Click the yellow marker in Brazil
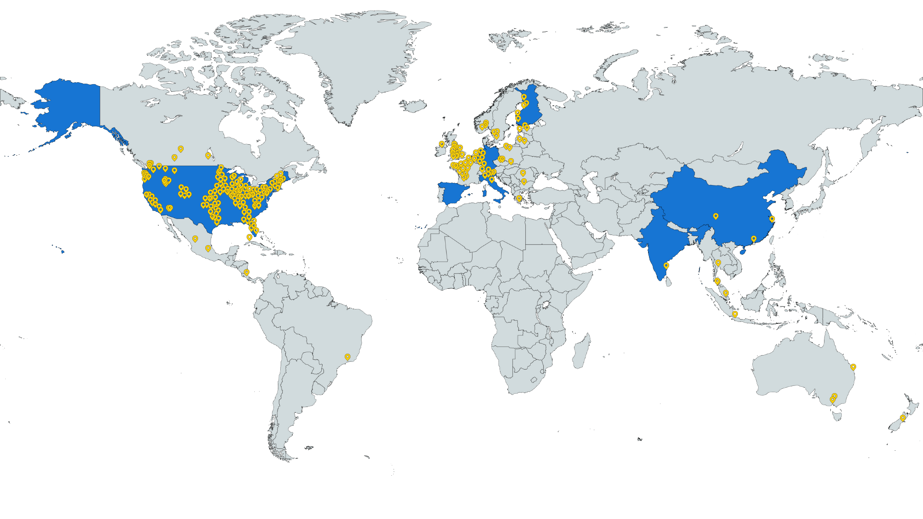(348, 357)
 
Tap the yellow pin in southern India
(666, 266)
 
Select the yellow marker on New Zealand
(902, 419)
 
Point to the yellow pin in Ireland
(441, 144)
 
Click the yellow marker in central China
(715, 217)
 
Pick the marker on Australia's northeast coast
(853, 367)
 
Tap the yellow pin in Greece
(519, 198)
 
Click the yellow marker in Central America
(247, 272)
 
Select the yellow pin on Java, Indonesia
(735, 314)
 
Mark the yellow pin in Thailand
(718, 263)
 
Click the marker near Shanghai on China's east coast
(772, 219)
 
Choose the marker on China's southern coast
(753, 239)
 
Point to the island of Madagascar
(581, 351)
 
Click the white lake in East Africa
(546, 305)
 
